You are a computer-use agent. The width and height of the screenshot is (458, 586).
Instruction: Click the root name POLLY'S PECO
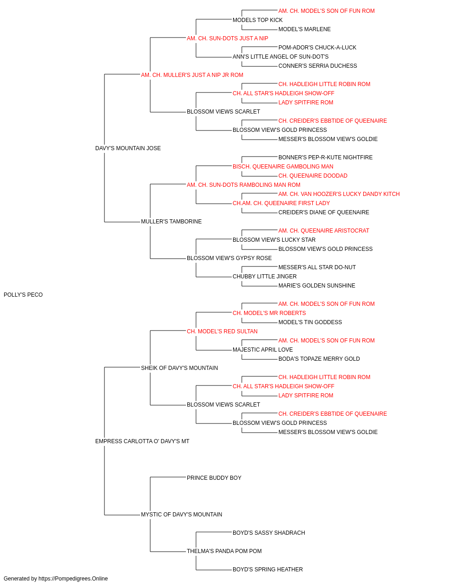point(23,295)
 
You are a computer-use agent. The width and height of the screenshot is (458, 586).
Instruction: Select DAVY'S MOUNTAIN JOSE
point(128,148)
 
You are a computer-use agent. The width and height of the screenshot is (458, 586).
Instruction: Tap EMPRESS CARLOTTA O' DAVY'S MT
point(142,441)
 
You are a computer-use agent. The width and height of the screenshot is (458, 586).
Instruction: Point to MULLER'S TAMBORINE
point(171,222)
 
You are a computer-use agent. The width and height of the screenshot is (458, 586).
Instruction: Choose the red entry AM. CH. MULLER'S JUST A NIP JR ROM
point(192,75)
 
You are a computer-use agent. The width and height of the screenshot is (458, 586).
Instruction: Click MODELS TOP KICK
point(257,20)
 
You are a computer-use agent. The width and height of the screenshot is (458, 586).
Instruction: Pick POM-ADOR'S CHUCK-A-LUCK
point(317,48)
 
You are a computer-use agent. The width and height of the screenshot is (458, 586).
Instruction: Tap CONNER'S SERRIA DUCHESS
point(317,66)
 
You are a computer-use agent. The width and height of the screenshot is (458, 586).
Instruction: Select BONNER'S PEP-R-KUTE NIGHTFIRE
point(325,157)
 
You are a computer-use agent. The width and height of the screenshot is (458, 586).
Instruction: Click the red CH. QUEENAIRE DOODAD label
point(313,175)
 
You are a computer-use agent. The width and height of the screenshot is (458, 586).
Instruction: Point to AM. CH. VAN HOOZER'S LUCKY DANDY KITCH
point(339,194)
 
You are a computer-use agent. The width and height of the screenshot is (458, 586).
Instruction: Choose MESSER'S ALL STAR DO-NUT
point(317,267)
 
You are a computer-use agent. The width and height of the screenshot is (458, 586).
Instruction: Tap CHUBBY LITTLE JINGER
point(265,277)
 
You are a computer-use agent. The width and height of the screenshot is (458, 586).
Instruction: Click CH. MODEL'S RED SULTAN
point(222,331)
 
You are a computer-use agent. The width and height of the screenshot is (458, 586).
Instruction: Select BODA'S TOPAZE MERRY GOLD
point(319,358)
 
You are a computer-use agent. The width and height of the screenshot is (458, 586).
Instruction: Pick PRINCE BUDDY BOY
point(214,478)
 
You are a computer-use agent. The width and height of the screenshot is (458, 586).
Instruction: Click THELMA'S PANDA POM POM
point(224,551)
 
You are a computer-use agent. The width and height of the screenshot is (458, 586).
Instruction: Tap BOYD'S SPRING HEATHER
point(267,570)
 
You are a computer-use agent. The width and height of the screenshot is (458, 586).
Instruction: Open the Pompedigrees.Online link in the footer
point(73,579)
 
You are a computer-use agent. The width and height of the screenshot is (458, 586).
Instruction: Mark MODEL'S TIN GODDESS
point(310,322)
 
